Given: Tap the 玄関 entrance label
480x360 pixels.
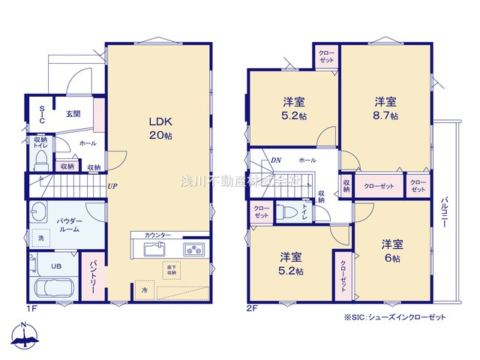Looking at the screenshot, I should point(73,114).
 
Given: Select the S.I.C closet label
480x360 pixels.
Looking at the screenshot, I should point(42,115).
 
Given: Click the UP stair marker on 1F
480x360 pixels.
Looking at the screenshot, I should point(112,187).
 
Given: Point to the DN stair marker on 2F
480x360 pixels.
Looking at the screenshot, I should point(276,160).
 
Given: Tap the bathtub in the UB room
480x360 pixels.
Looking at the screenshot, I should point(52,289).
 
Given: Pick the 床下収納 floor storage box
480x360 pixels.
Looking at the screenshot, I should point(171,270).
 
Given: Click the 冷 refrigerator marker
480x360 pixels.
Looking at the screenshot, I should point(141,289).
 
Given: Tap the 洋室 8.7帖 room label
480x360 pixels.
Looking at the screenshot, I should point(386,109).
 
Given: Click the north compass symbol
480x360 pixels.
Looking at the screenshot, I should point(25,334).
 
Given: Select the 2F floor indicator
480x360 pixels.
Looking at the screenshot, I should point(252,308).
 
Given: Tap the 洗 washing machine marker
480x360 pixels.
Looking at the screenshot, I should point(40,238).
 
